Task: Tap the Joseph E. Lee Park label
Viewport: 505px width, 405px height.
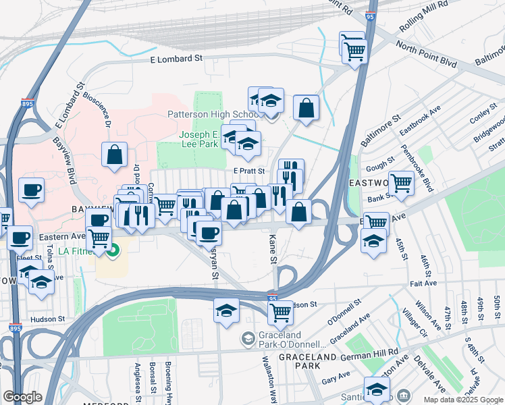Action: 201,139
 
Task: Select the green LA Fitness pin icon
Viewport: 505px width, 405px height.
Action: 113,252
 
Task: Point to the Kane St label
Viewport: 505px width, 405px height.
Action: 273,250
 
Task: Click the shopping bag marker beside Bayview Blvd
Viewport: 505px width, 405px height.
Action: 115,154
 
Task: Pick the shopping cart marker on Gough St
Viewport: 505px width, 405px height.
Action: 401,182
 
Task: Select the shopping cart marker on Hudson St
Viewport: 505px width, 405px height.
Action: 280,312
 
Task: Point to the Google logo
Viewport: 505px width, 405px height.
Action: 22,397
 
